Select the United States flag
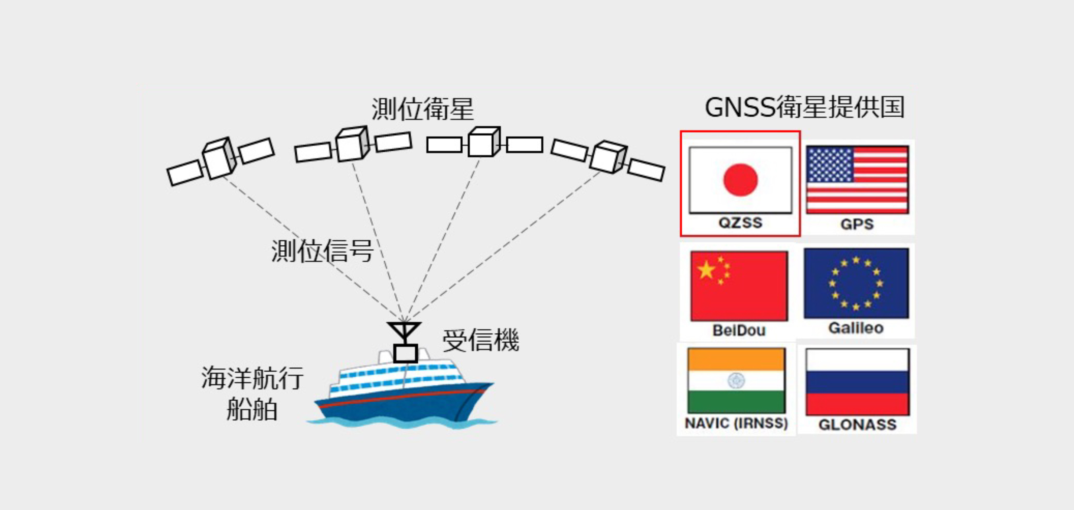point(857,180)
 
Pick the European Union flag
point(856,283)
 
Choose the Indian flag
point(737,381)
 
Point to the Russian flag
point(858,382)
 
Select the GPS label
point(857,224)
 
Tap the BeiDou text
point(739,330)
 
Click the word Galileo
point(856,328)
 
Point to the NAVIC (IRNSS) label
point(737,423)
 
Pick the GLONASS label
point(858,425)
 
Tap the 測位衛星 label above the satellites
point(422,109)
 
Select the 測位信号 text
point(322,251)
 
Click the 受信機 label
point(480,340)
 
